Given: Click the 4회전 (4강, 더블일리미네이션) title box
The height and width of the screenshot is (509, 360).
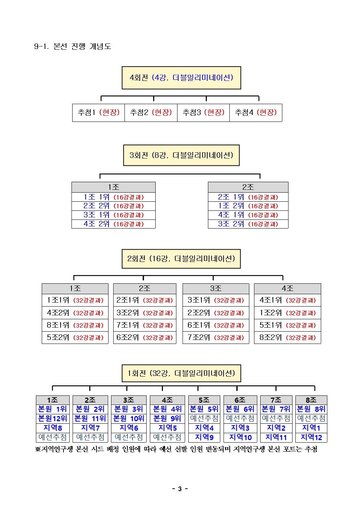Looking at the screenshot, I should click(x=181, y=78).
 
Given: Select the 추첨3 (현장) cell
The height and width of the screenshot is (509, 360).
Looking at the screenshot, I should click(x=203, y=112).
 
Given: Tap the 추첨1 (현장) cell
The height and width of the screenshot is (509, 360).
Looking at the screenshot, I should click(x=98, y=112).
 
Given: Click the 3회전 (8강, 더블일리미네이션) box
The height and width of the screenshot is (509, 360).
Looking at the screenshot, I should click(x=181, y=155).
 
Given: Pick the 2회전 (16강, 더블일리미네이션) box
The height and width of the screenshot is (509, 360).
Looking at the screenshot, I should click(x=181, y=259).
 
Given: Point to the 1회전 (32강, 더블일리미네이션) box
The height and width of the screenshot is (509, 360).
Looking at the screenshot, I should click(x=181, y=373).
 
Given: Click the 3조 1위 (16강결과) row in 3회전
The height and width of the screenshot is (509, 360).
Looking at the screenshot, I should click(x=113, y=215).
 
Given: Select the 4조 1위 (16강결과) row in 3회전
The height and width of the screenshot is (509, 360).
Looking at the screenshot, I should click(x=248, y=215).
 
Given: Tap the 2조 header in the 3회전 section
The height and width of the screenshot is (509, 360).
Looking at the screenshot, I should click(x=248, y=187).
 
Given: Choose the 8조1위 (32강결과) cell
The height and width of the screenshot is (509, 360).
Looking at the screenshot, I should click(x=75, y=325).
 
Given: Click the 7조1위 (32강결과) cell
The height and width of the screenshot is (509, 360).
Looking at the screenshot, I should click(x=144, y=325).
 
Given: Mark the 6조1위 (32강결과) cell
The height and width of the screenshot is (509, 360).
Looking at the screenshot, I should click(x=216, y=325).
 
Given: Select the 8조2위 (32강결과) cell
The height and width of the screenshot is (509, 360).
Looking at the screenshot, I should click(x=287, y=337).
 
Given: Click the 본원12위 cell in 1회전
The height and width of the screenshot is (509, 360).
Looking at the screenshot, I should click(x=53, y=419).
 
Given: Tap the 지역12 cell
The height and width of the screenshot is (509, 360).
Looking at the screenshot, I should click(x=311, y=438).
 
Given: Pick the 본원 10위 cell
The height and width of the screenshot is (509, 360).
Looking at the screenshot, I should click(x=128, y=419).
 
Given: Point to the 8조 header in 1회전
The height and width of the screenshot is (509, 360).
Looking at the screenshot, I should click(x=311, y=400).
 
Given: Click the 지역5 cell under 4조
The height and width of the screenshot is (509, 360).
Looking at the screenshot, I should click(x=167, y=428).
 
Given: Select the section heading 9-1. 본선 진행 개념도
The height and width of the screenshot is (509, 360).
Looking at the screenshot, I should click(x=73, y=46).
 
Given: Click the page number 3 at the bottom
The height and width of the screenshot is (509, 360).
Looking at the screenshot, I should click(x=180, y=489).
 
